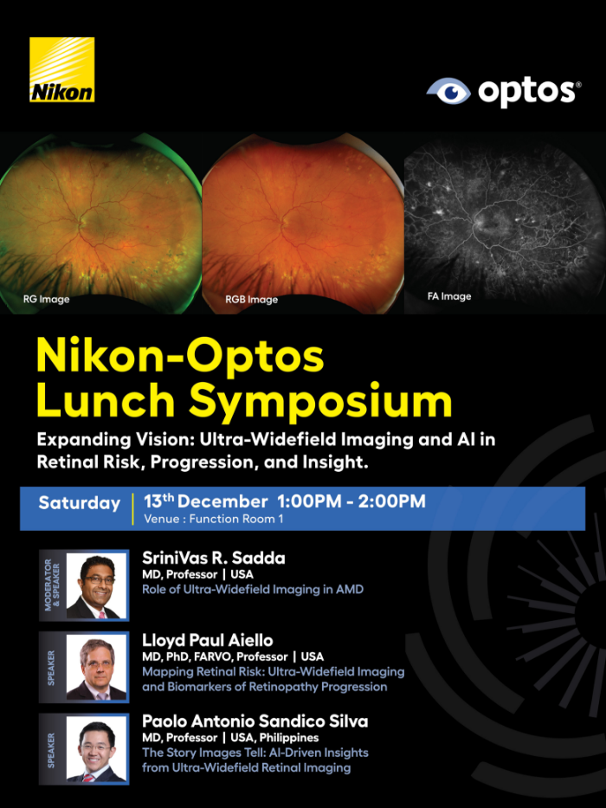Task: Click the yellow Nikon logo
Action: tap(62, 70)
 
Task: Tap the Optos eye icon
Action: tap(448, 92)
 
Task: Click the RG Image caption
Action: tap(46, 300)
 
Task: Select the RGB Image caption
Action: tap(251, 300)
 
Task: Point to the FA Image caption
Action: tap(449, 296)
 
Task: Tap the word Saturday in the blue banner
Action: tap(79, 503)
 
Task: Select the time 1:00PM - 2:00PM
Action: tap(351, 501)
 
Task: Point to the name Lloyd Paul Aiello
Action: tap(208, 640)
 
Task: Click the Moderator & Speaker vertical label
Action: tap(50, 585)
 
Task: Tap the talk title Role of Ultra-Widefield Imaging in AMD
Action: tap(252, 590)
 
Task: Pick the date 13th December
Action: tap(206, 501)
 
